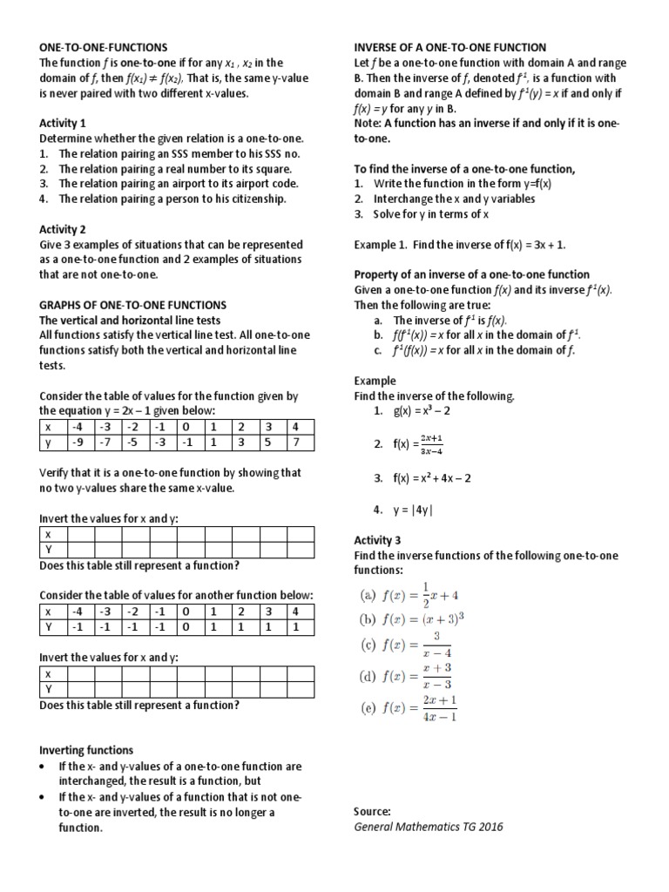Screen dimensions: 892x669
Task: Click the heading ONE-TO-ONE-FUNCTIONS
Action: [104, 47]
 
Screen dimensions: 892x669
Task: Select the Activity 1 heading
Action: [63, 123]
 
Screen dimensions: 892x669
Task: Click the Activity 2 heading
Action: [63, 230]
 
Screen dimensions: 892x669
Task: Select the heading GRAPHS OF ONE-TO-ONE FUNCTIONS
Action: [132, 306]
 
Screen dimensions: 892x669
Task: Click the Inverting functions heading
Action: [86, 750]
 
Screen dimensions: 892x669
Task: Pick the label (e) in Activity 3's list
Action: [367, 707]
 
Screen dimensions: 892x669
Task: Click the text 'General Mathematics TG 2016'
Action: [428, 827]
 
